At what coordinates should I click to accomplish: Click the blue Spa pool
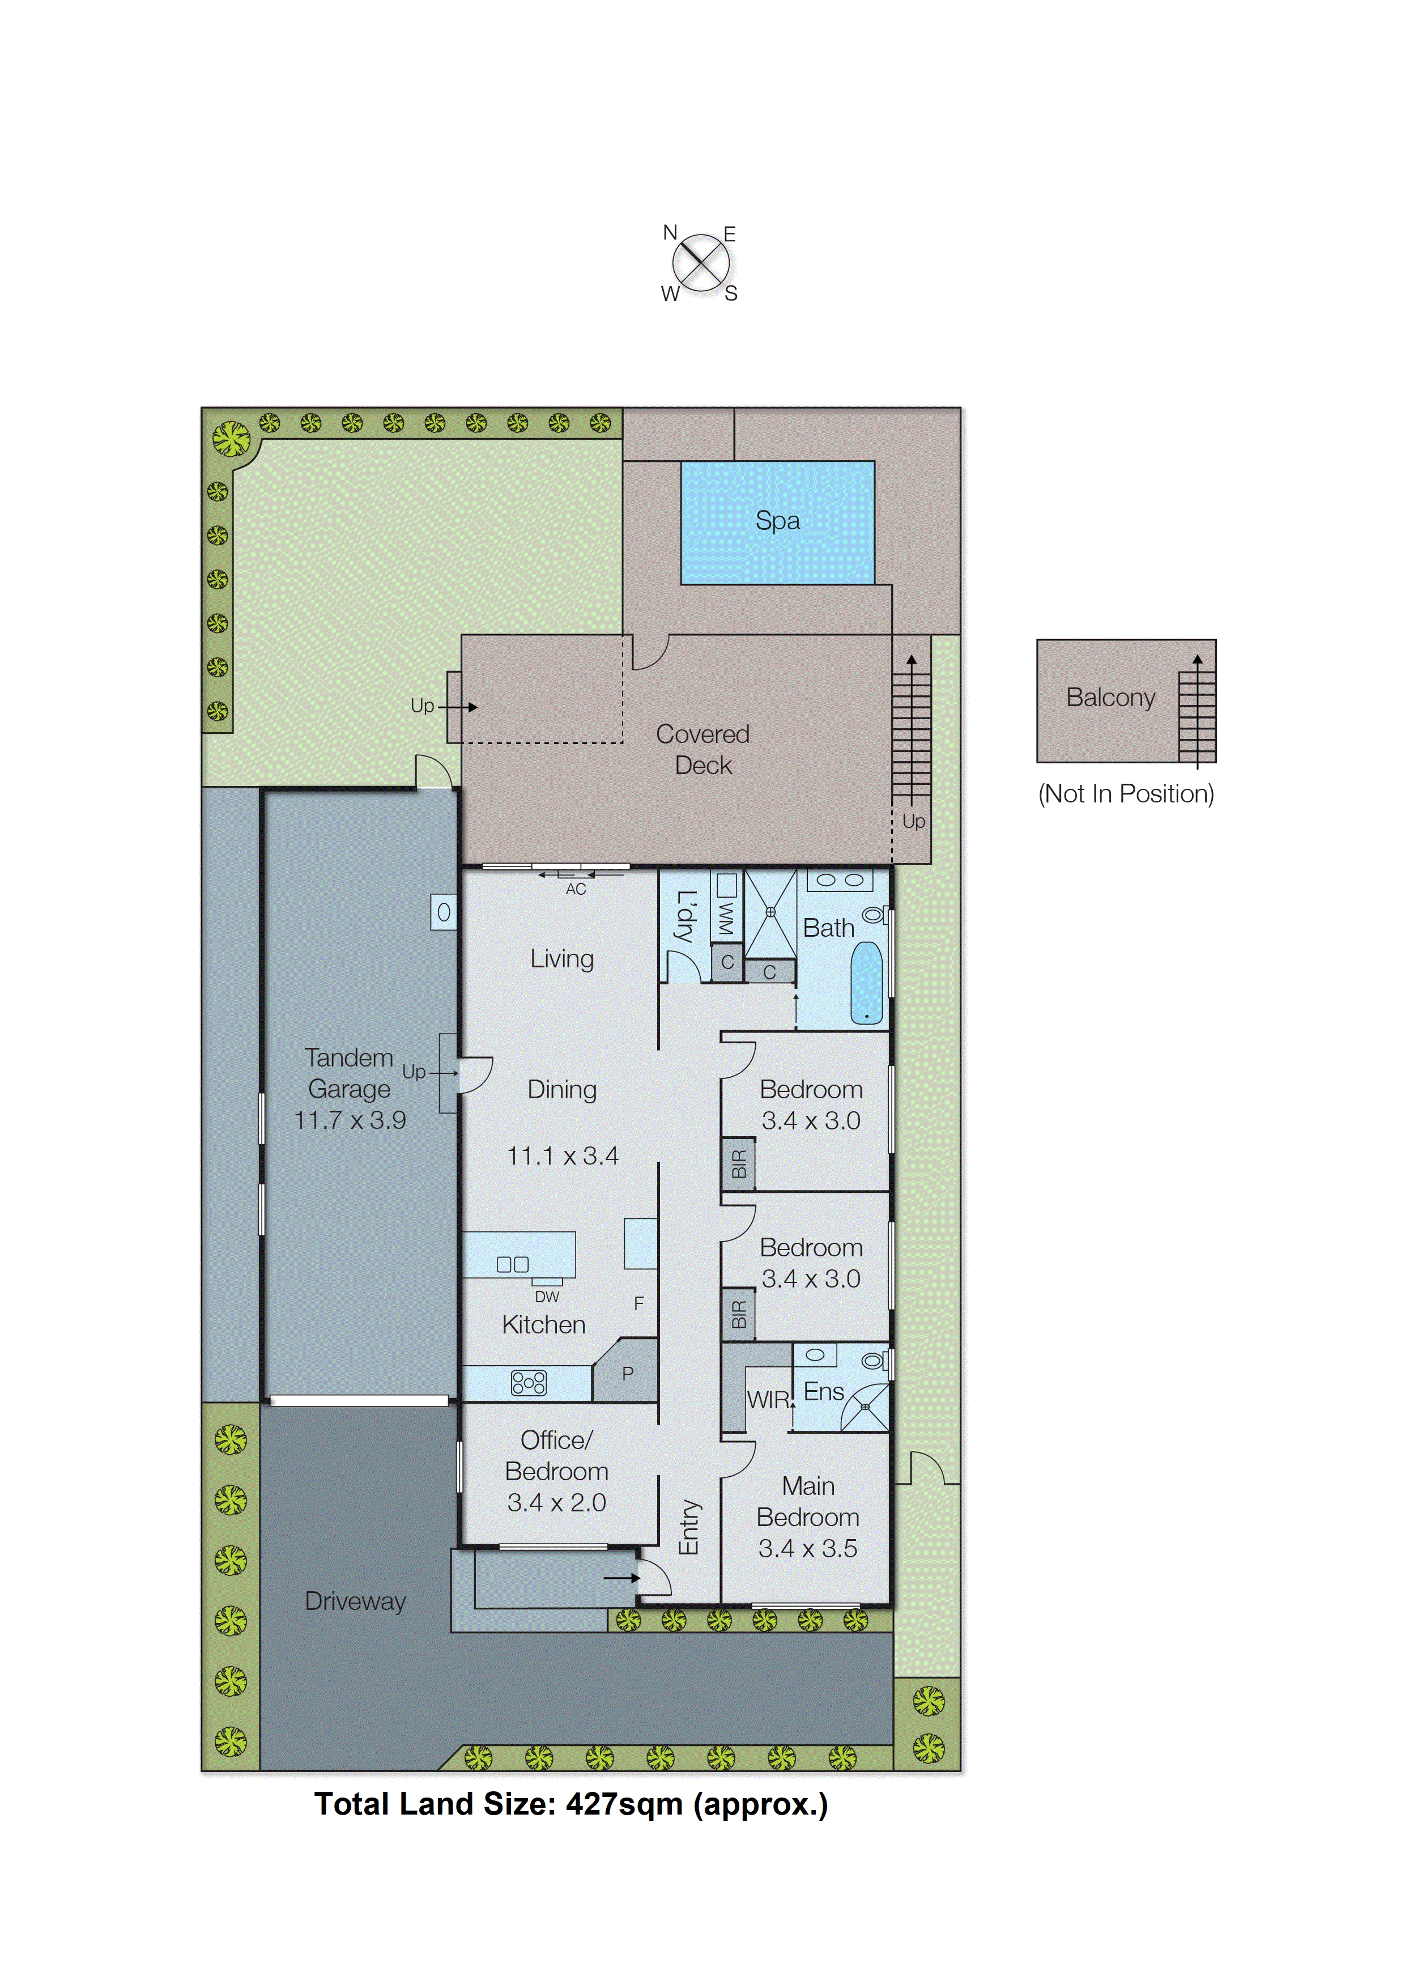coord(777,522)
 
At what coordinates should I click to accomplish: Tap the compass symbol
coord(700,263)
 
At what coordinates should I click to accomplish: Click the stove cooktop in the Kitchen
coord(529,1383)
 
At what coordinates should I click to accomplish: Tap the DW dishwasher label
coord(547,1297)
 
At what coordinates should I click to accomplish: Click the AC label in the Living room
coord(576,890)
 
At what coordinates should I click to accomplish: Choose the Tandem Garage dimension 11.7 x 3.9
coord(350,1120)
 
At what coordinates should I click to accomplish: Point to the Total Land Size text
coord(571,1805)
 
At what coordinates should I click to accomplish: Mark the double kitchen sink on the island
coord(512,1264)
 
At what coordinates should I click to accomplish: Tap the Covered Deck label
coord(702,749)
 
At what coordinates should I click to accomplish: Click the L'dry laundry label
coord(685,917)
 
